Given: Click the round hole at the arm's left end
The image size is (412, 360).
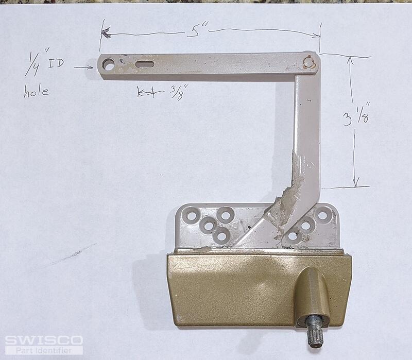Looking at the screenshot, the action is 109,64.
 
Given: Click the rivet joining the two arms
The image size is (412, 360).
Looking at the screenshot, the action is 308,62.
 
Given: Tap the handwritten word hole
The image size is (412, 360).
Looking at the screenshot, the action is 37,91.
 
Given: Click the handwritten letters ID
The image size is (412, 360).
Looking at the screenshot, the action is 56,63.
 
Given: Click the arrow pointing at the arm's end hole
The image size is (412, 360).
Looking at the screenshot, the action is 83,67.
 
